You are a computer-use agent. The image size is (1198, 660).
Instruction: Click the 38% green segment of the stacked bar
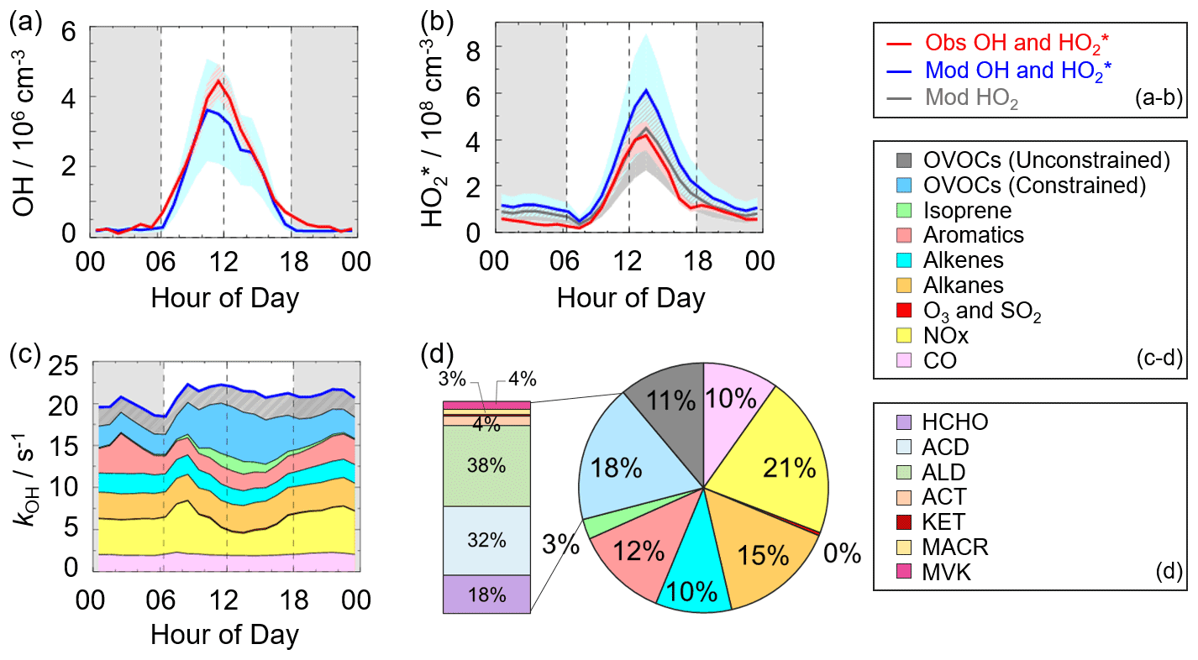(x=487, y=466)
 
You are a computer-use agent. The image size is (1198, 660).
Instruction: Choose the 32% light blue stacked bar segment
(x=487, y=541)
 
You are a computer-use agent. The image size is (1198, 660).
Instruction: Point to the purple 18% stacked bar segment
(x=487, y=595)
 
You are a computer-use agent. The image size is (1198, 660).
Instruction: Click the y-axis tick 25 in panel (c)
(x=63, y=364)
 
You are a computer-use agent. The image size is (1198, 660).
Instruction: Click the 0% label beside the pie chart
(x=843, y=554)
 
